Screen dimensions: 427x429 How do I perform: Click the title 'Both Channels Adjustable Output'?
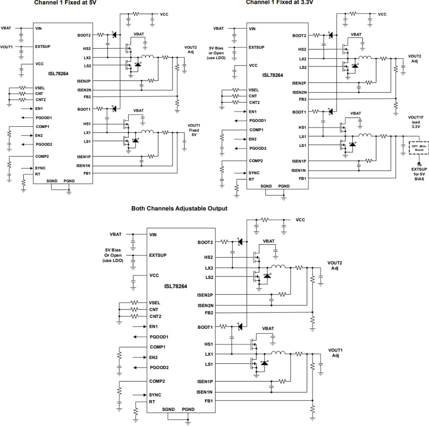coord(179,208)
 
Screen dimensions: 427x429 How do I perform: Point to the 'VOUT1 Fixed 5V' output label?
coord(193,130)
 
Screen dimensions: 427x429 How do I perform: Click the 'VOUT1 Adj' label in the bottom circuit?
coord(335,353)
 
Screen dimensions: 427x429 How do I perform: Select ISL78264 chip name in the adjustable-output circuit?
coord(176,286)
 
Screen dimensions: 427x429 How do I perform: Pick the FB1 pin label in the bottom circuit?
coord(209,401)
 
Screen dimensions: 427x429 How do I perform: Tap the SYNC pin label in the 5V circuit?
coord(40,168)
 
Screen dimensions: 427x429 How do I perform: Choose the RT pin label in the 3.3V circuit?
coord(251,179)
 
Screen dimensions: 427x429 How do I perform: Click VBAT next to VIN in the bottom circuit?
coord(116,234)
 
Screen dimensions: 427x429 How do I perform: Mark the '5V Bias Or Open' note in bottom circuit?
coord(113,255)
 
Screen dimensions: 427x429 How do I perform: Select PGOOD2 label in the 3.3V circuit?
coord(258,148)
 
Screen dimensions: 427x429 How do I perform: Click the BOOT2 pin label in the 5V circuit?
coord(84,35)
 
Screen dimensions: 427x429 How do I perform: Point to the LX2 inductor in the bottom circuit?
coord(278,266)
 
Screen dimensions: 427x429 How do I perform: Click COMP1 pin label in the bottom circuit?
coord(158,347)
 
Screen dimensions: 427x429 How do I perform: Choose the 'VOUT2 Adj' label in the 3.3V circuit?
coord(415,58)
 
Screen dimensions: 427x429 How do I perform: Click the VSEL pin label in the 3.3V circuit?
coord(253,90)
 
